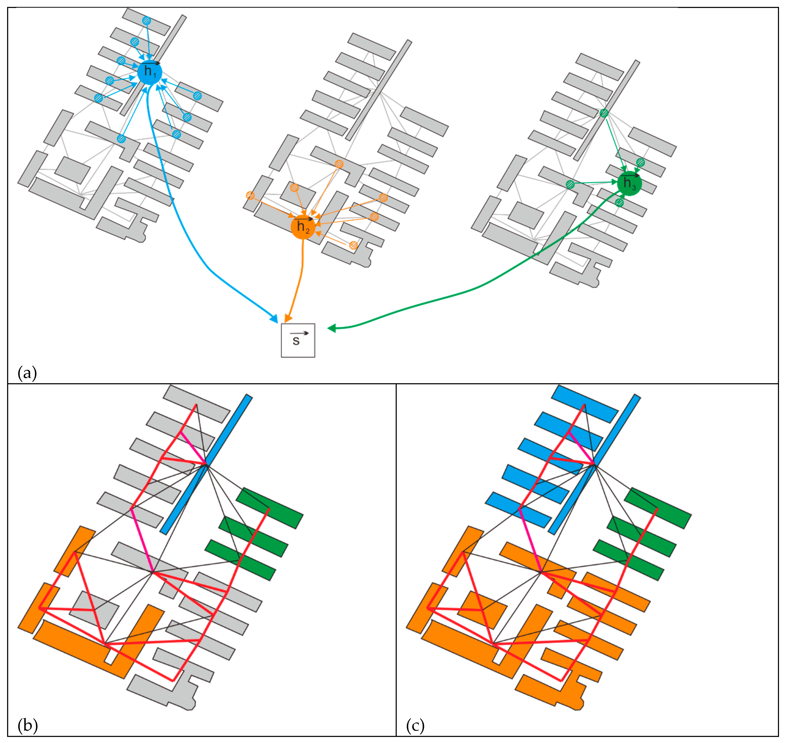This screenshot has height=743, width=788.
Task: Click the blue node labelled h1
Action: pos(149,72)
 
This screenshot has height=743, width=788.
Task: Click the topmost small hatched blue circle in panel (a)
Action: pos(147,21)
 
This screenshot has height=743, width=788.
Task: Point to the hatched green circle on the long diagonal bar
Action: pos(604,113)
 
